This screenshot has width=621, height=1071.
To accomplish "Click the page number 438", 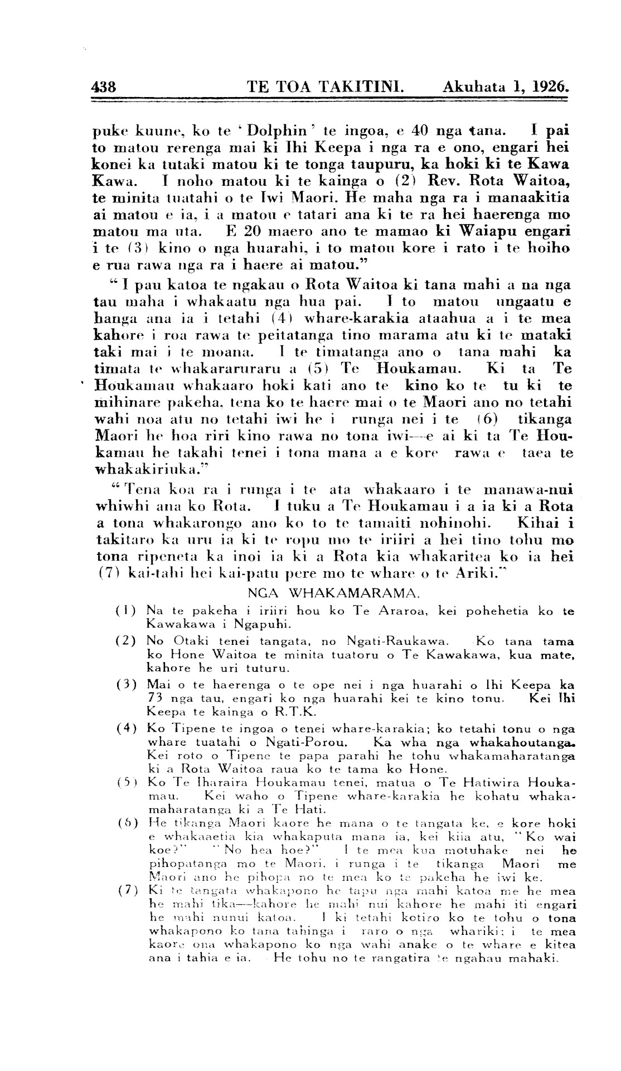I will coord(104,87).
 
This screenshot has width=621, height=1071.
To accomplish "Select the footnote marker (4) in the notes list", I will coord(127,729).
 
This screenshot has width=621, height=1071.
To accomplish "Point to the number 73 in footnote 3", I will coord(157,698).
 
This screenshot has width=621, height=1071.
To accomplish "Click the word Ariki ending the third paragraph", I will coord(467,573).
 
